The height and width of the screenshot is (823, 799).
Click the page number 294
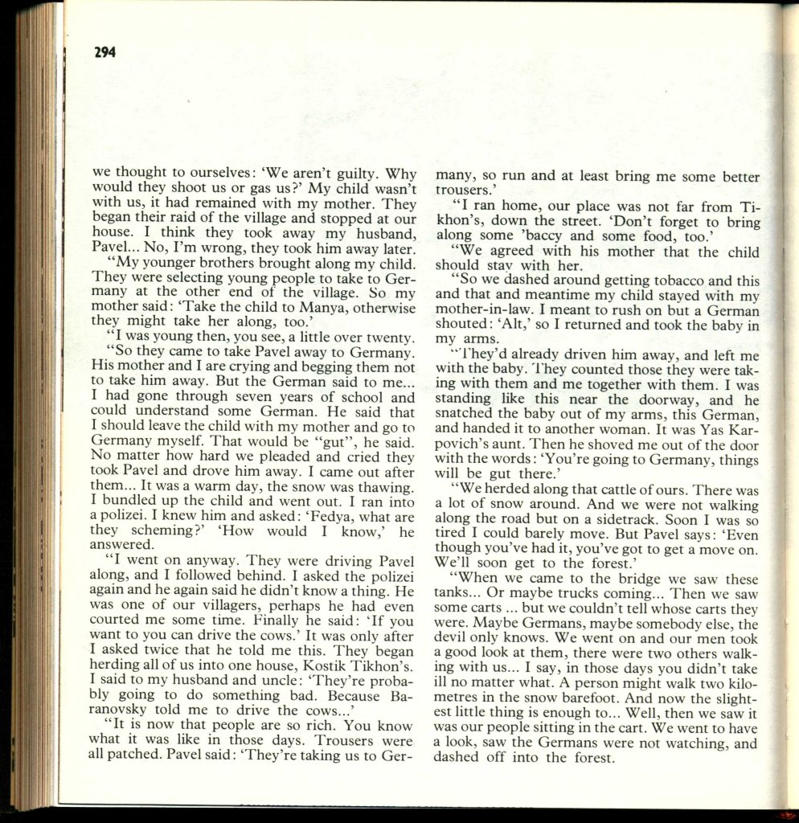tap(104, 53)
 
